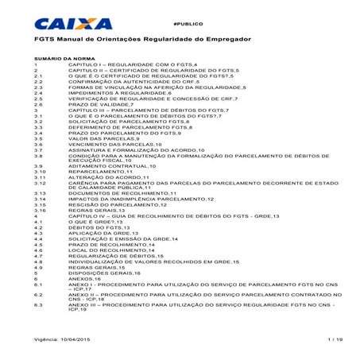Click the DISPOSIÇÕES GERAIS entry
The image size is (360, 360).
(104, 273)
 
